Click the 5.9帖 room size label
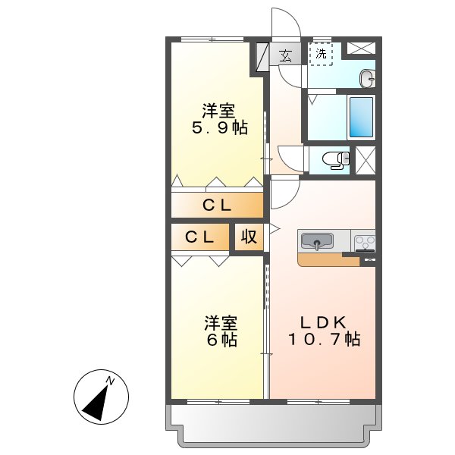point(218,128)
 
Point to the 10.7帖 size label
point(322,339)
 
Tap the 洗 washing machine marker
point(321,54)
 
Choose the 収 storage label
point(248,237)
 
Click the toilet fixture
point(334,159)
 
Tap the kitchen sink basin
point(317,242)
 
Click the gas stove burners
point(365,242)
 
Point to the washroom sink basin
point(368,77)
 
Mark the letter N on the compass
point(111,379)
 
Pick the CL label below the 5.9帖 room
point(217,205)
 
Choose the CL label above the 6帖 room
point(200,237)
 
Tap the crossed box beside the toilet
point(365,160)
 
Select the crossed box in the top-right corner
point(361,48)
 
